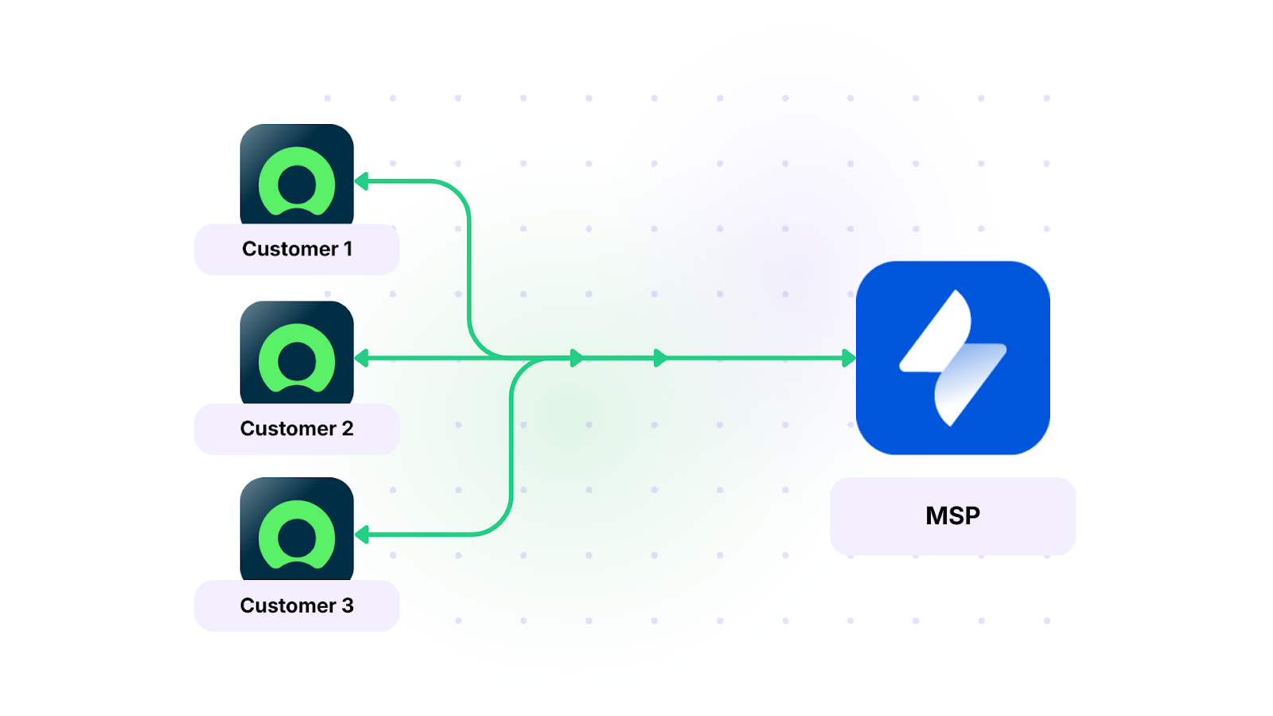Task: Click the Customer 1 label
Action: pos(297,249)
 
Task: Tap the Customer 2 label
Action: pos(297,429)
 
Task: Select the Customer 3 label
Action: pos(297,605)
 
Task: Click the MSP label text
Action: pos(952,516)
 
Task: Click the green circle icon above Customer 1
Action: pos(297,181)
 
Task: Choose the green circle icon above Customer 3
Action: pos(297,535)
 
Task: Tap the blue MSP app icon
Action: pos(952,358)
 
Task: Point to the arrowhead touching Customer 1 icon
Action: pos(362,181)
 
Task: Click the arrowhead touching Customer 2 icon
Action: pos(362,358)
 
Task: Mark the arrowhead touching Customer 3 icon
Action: pos(362,535)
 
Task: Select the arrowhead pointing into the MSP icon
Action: pos(849,358)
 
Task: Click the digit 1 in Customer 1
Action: pos(348,249)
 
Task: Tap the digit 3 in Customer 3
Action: pos(348,605)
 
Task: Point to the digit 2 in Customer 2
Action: pos(348,429)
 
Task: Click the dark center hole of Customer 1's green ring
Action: pos(297,185)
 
